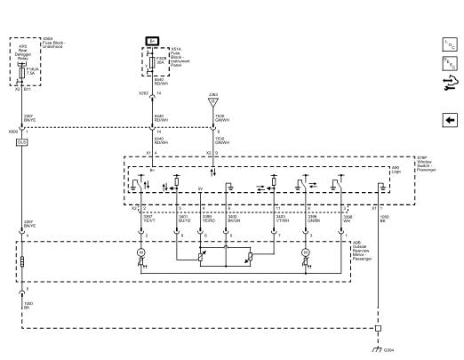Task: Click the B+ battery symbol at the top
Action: click(151, 41)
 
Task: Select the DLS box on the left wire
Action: click(22, 142)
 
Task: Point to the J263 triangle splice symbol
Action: click(212, 101)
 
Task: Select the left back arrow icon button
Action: click(449, 120)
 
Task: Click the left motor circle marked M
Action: click(140, 254)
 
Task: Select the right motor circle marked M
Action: click(306, 254)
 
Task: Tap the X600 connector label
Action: click(12, 131)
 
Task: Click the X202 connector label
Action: click(143, 92)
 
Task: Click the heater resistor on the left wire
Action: click(22, 263)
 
